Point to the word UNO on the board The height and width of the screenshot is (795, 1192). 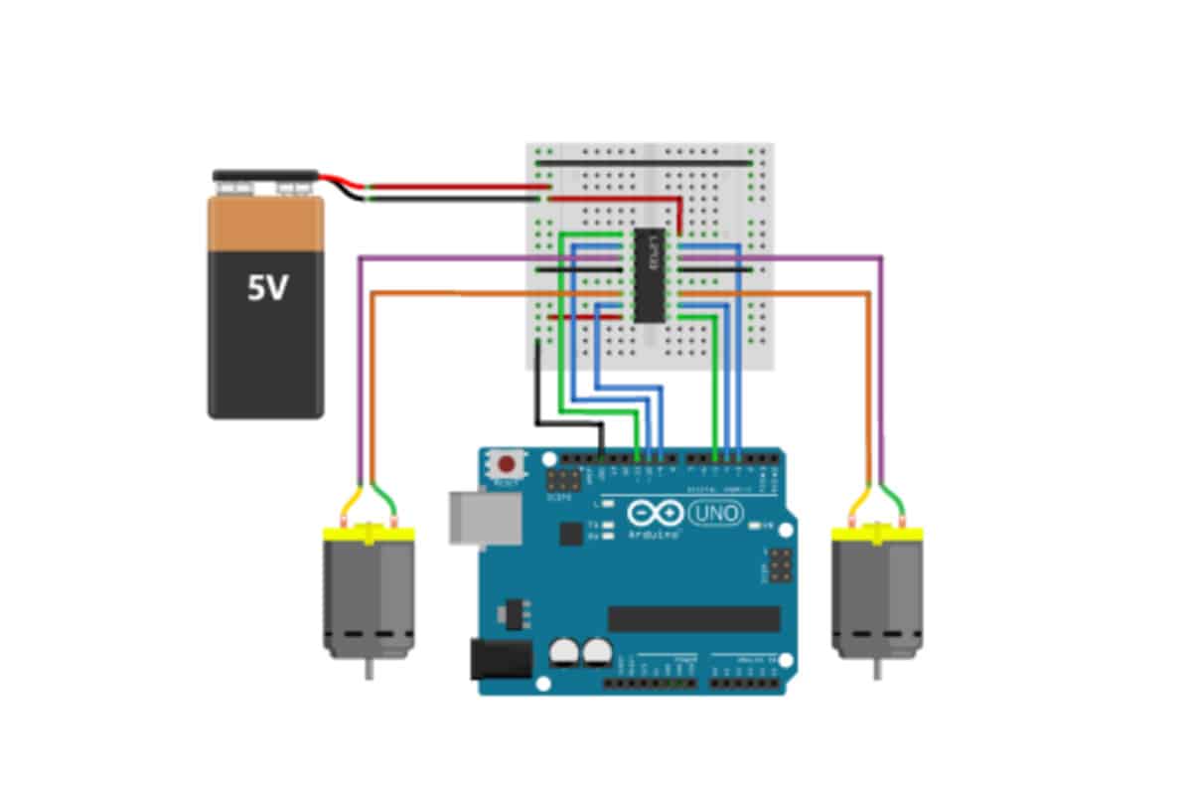[713, 513]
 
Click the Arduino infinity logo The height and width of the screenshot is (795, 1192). [655, 514]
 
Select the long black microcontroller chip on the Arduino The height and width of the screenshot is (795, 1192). [693, 619]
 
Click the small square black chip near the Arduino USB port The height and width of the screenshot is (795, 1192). [570, 534]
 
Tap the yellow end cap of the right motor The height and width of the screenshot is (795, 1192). [877, 535]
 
